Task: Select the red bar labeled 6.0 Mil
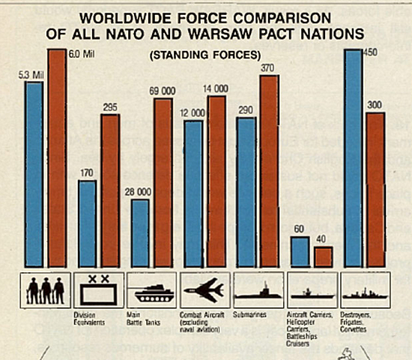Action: [x=57, y=157]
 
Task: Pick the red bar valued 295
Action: [x=110, y=190]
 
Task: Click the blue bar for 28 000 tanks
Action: [x=139, y=232]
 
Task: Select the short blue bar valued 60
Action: [x=300, y=252]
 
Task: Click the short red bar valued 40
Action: [x=324, y=256]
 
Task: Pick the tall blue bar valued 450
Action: [x=354, y=157]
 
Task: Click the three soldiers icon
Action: [x=46, y=288]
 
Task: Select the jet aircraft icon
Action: [x=205, y=288]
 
